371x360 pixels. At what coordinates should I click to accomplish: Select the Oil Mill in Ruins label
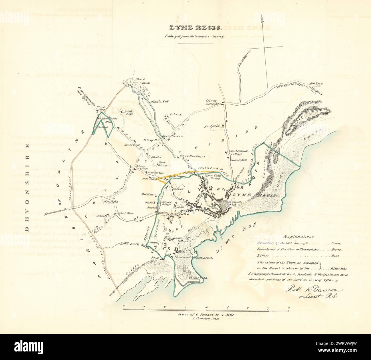pyautogui.click(x=192, y=156)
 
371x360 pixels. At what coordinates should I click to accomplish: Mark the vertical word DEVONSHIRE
pyautogui.click(x=28, y=187)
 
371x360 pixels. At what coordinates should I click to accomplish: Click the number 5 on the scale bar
pyautogui.click(x=227, y=308)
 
